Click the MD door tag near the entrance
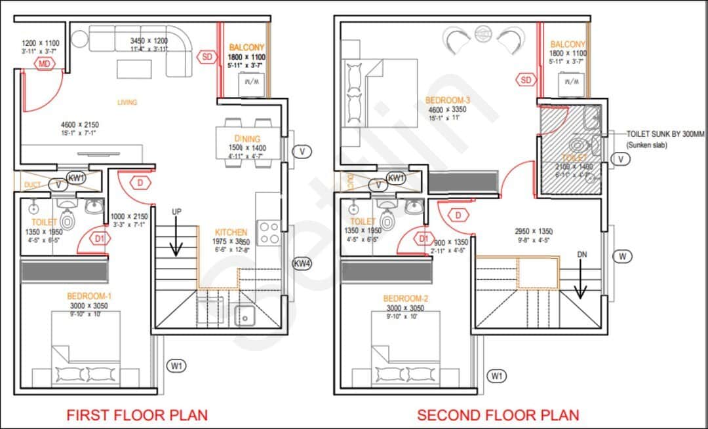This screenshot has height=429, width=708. [x=45, y=64]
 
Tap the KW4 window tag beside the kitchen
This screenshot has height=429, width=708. [x=302, y=264]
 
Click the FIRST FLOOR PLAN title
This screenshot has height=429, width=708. [x=137, y=415]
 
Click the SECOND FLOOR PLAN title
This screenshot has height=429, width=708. [x=498, y=415]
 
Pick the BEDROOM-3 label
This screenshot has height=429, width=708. [x=448, y=100]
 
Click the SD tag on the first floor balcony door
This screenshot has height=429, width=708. [x=207, y=57]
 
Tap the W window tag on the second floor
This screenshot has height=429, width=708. [x=623, y=256]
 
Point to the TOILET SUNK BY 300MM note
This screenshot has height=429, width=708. [x=665, y=134]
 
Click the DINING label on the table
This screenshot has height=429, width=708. [x=248, y=139]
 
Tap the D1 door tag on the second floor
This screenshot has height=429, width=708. [x=424, y=239]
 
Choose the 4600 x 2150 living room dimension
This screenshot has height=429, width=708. [x=81, y=124]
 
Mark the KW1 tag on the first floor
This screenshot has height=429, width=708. [x=76, y=177]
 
